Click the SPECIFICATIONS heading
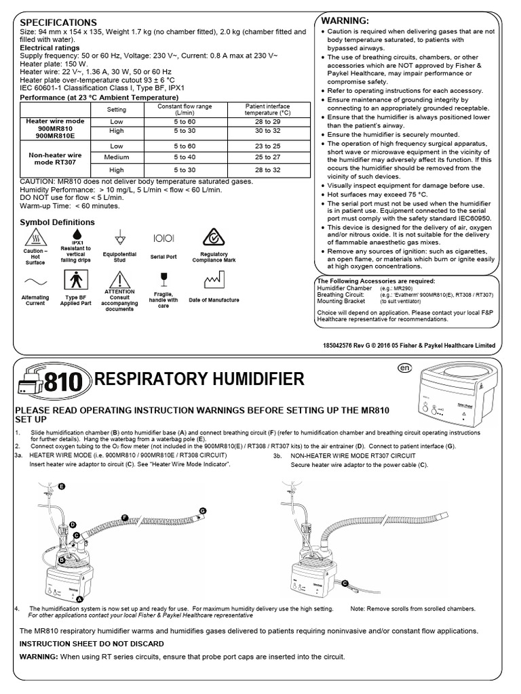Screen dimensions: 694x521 tap(58, 22)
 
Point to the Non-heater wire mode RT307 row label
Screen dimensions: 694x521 tap(47, 157)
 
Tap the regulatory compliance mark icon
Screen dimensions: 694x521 tap(213, 239)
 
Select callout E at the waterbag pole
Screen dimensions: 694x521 tap(62, 487)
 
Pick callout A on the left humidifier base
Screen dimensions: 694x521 tap(79, 599)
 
